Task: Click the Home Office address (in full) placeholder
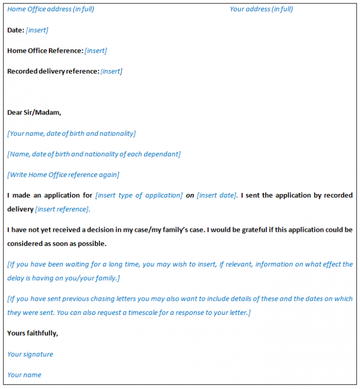point(51,9)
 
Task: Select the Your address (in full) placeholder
point(261,9)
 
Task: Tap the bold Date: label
point(15,30)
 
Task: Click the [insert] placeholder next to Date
point(37,30)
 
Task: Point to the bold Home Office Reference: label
point(45,50)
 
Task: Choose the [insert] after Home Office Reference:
point(96,50)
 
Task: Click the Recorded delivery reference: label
point(53,71)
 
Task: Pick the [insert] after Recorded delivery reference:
point(111,71)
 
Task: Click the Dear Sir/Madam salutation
point(34,112)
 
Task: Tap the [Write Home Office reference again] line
point(63,175)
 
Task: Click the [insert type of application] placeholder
point(139,195)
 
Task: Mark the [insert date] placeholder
point(217,195)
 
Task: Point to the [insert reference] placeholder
point(63,209)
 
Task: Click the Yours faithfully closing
point(33,333)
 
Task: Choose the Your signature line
point(30,354)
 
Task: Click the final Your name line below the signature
point(24,375)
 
